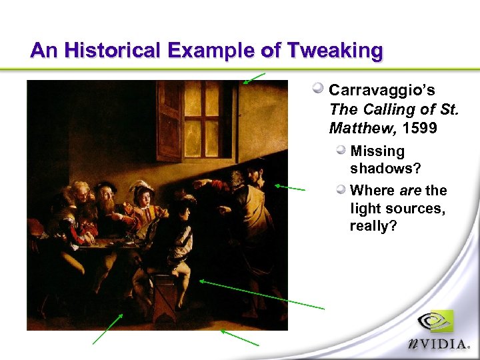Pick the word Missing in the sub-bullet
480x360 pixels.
pos(377,151)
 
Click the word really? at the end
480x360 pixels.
pos(373,227)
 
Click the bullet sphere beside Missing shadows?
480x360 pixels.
pos(341,151)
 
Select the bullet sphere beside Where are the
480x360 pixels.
pos(341,190)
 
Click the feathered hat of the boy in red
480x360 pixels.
pos(142,185)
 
